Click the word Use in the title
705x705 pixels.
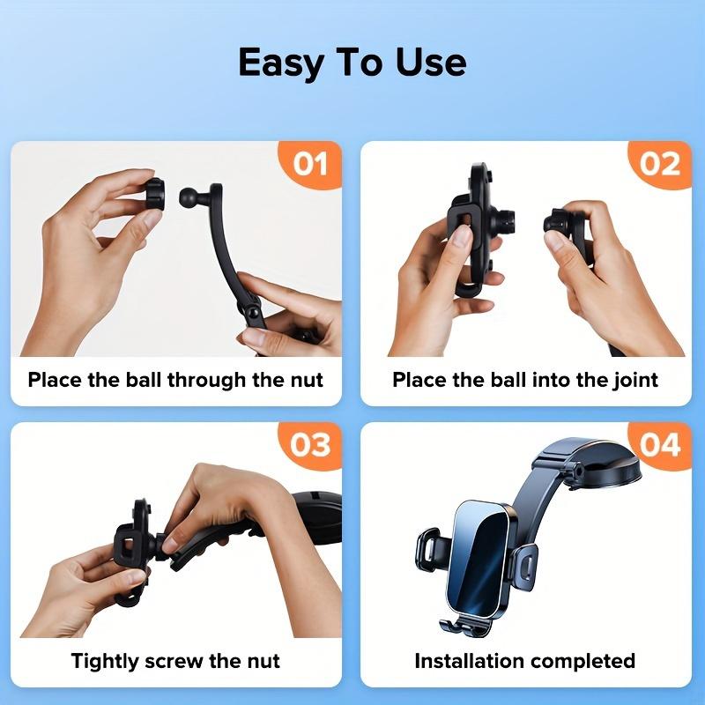click(x=430, y=63)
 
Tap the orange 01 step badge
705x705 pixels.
click(x=310, y=164)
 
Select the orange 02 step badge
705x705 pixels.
click(x=660, y=164)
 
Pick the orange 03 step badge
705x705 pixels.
click(x=310, y=445)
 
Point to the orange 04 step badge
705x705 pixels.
click(x=660, y=445)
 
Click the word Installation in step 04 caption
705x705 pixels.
click(x=470, y=660)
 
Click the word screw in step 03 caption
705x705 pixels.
click(x=179, y=660)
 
